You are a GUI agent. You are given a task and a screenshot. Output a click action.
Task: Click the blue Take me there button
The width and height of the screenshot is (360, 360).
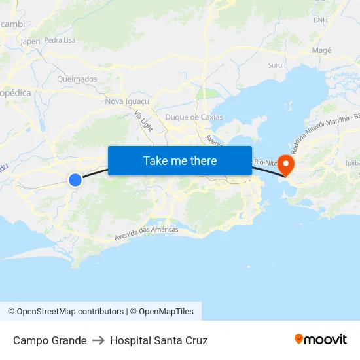180,160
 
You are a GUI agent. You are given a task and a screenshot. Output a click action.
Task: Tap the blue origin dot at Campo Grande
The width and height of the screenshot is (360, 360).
75,179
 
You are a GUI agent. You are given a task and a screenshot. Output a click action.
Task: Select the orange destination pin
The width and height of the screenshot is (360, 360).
286,164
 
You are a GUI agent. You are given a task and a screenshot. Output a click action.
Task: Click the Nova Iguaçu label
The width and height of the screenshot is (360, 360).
127,101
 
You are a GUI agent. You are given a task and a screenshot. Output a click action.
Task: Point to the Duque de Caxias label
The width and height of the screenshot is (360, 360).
194,117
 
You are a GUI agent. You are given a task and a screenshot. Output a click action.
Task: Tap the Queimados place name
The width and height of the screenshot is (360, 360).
77,79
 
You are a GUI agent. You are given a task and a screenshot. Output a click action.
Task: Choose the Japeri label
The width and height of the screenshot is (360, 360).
30,41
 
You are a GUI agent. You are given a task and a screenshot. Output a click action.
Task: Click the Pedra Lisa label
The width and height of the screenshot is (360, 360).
60,40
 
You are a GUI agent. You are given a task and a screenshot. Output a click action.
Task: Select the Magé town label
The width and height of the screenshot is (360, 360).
321,50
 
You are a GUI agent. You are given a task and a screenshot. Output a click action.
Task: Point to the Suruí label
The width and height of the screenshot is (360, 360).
276,65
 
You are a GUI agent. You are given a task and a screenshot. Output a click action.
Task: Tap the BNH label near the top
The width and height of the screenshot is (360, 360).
320,20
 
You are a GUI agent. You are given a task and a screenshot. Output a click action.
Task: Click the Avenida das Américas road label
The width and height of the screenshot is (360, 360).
146,232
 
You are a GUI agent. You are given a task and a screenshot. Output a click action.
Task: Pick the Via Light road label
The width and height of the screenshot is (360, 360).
143,121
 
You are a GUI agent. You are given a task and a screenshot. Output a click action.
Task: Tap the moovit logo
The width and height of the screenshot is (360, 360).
321,340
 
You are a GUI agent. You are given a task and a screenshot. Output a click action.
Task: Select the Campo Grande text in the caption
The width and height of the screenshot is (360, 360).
50,340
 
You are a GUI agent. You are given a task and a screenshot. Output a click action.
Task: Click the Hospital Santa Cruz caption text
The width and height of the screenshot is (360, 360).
159,340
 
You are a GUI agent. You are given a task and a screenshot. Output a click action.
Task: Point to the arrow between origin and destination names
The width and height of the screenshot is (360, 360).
98,340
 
